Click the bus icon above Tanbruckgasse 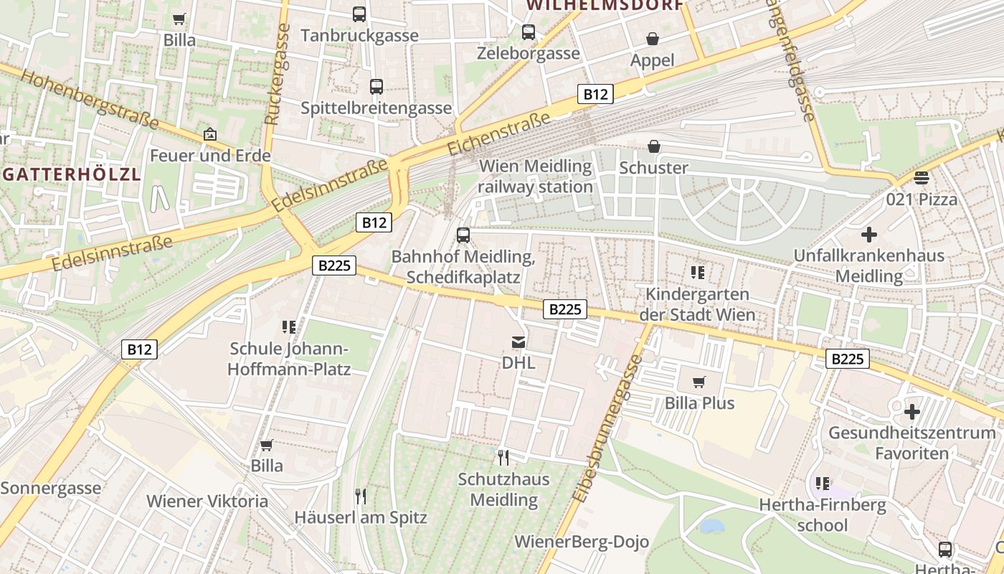(359, 14)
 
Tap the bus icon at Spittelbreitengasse (376, 87)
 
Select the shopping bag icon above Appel (653, 39)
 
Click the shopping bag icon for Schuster (654, 147)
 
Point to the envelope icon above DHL (518, 342)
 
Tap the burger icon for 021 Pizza (922, 177)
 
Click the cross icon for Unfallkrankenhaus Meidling (868, 235)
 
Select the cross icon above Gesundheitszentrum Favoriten (911, 412)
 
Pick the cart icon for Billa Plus (699, 382)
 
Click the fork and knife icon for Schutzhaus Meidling (504, 457)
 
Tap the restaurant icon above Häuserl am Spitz (361, 496)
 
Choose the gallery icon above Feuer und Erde (210, 134)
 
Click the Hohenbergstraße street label (89, 98)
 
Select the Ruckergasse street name (276, 74)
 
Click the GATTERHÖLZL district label (70, 175)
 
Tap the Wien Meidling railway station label (536, 177)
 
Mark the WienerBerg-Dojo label (582, 542)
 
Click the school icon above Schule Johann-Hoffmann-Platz (289, 327)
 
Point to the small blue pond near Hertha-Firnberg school (712, 526)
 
